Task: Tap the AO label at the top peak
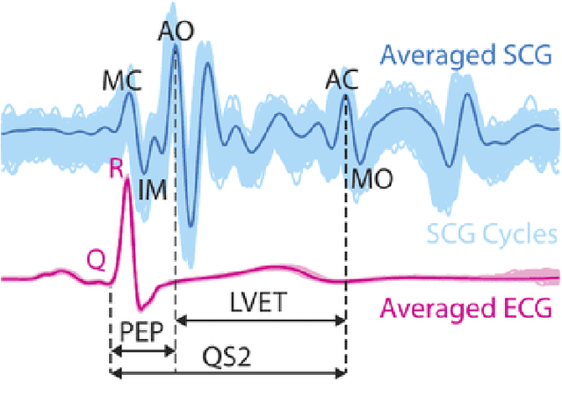[176, 31]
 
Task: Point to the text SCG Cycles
[492, 234]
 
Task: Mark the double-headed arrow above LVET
[260, 321]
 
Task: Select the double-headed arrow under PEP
[142, 350]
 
